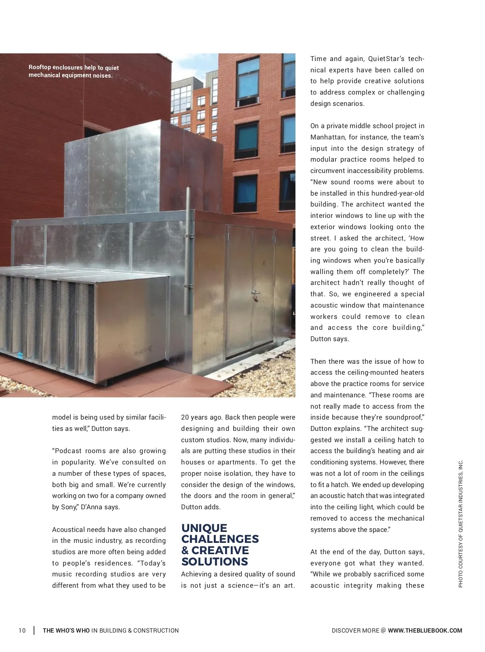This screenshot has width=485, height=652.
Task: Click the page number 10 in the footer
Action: pos(22,631)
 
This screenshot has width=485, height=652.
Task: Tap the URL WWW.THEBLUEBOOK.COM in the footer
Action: pos(425,631)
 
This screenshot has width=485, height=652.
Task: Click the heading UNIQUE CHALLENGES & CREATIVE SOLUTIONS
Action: pos(220,544)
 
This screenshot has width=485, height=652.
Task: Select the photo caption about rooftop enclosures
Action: pos(74,71)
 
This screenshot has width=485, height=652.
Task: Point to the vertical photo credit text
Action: pos(460,523)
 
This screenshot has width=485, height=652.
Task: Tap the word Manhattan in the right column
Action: pos(327,137)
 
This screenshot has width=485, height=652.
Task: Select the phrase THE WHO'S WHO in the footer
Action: pos(66,631)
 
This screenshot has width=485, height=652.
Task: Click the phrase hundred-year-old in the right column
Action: pos(398,193)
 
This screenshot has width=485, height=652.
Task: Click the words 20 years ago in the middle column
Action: pos(201,417)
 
